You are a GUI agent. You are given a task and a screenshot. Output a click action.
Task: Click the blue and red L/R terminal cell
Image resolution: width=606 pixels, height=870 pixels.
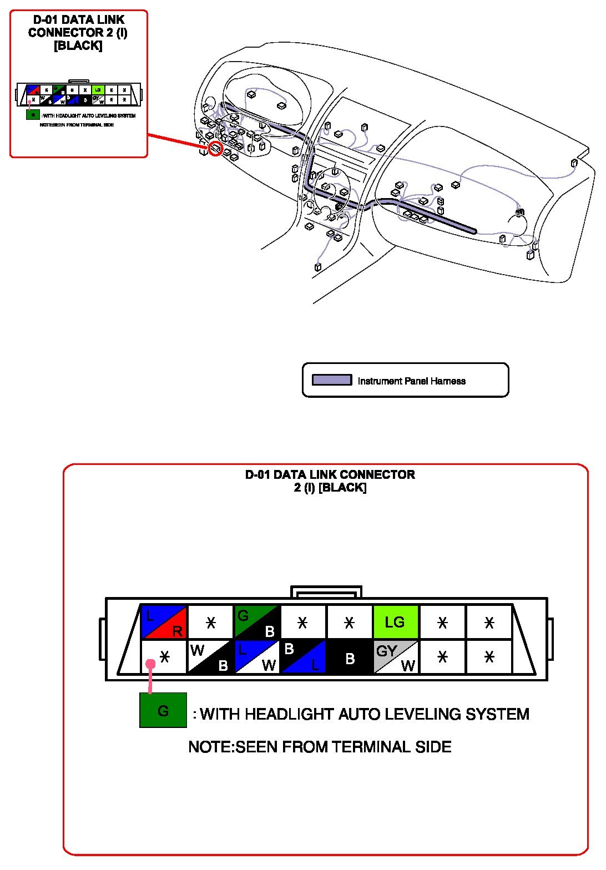coord(164,622)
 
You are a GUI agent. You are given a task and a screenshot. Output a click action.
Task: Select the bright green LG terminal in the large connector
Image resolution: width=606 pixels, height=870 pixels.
coord(395,622)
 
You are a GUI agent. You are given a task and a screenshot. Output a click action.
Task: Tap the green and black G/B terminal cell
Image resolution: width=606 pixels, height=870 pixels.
coord(256,622)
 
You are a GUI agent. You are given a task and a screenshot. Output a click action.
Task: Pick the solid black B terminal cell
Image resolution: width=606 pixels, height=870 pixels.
coord(349,657)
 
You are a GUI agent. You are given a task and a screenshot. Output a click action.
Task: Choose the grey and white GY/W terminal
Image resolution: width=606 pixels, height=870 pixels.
coord(395,657)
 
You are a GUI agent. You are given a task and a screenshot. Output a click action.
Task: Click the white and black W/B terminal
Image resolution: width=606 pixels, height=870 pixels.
coord(210,657)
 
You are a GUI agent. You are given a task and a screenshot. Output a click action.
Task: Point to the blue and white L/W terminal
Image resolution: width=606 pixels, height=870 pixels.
coord(256,657)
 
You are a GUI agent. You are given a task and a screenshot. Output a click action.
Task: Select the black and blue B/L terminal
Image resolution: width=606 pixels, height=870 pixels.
coord(303,657)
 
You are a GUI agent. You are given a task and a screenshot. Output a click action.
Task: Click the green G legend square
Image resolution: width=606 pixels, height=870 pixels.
coord(163,710)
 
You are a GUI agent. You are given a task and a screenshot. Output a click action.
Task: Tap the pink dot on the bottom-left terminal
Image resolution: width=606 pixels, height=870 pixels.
coord(150,664)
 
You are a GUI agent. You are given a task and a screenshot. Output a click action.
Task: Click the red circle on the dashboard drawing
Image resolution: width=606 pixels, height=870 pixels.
coord(215,148)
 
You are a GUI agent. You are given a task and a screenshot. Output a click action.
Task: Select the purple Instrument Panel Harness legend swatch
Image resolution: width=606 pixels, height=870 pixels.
coord(332,380)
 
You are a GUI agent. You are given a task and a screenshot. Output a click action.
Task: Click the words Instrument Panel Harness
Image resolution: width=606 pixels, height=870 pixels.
coord(411,381)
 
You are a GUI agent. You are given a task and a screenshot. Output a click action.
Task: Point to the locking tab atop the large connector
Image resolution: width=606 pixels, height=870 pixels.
coord(326,591)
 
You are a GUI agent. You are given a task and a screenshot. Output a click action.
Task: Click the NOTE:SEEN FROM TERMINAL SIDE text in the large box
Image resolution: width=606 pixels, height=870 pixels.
coord(320,747)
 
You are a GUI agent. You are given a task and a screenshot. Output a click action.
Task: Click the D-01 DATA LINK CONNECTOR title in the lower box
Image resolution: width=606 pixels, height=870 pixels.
coord(330,475)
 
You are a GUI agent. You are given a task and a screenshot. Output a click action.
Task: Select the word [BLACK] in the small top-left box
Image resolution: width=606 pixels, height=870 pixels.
coord(78,46)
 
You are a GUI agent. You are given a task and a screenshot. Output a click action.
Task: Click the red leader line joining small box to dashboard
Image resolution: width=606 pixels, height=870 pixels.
coord(178,141)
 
